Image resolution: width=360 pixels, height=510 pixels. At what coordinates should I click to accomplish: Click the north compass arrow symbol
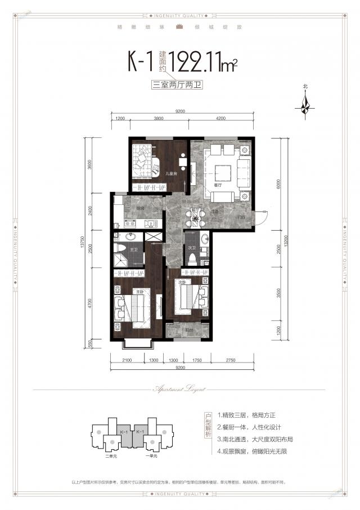[306, 105]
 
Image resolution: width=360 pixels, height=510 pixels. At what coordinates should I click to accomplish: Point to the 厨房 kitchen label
[140, 208]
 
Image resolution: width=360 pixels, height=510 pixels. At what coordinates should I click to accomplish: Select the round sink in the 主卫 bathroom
[131, 236]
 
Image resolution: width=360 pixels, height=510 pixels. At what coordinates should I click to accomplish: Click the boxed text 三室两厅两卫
[180, 86]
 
